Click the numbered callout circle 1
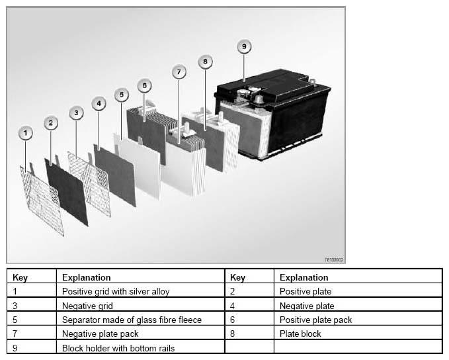pyautogui.click(x=25, y=134)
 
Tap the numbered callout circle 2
pyautogui.click(x=51, y=122)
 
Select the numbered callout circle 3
pyautogui.click(x=76, y=113)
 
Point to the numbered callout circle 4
pyautogui.click(x=99, y=103)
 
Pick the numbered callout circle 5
pyautogui.click(x=121, y=95)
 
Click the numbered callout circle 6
pyautogui.click(x=145, y=85)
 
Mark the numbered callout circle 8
pyautogui.click(x=205, y=61)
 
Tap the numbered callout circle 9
pyautogui.click(x=243, y=46)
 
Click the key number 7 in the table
pyautogui.click(x=15, y=334)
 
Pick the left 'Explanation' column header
pyautogui.click(x=86, y=277)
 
